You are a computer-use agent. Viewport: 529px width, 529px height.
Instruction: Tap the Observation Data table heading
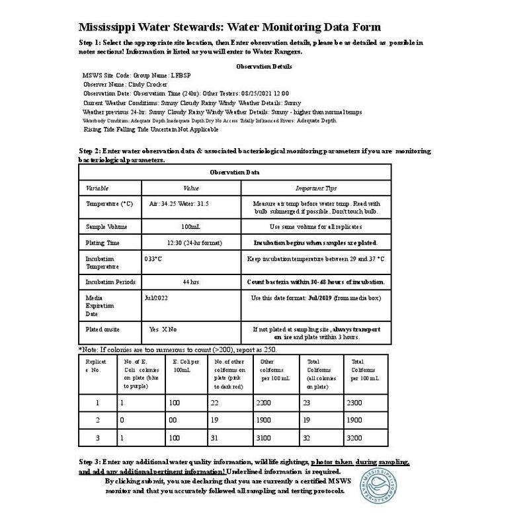[x=235, y=172]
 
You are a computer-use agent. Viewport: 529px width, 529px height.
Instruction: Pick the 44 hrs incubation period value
[x=190, y=282]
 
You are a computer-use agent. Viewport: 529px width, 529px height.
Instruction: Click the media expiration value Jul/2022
[x=157, y=298]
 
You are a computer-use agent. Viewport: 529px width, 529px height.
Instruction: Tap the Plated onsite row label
[x=103, y=329]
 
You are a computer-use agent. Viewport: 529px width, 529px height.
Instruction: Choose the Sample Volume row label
[x=107, y=227]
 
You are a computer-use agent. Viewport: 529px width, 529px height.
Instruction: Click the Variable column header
[x=97, y=188]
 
